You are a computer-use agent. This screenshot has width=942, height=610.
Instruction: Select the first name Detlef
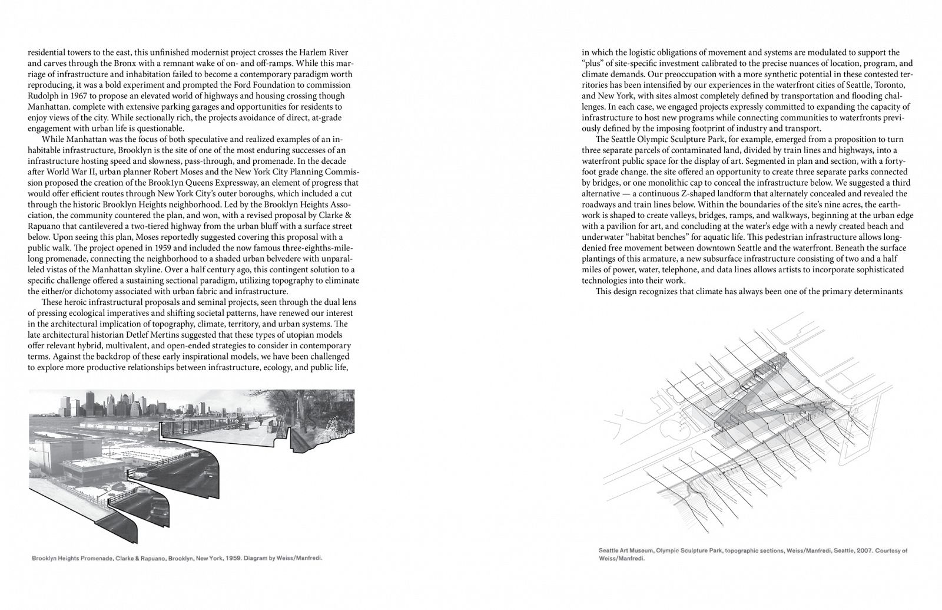[122, 335]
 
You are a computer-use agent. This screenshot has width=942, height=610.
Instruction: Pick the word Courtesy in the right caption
[888, 551]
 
